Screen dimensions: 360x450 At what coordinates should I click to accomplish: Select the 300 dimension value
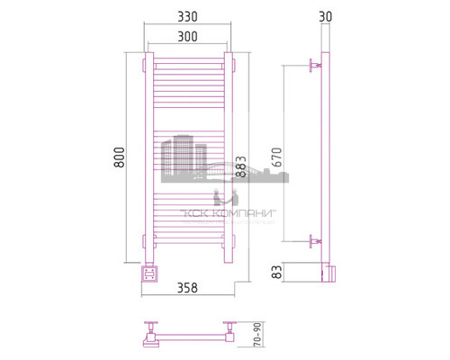point(188,37)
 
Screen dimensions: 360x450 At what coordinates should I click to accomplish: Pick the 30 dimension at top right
point(325,17)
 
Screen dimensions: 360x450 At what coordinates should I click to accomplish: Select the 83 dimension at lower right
point(277,270)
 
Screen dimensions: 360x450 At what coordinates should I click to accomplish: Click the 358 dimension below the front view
point(187,288)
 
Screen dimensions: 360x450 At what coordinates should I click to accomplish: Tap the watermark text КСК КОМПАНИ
point(229,213)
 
